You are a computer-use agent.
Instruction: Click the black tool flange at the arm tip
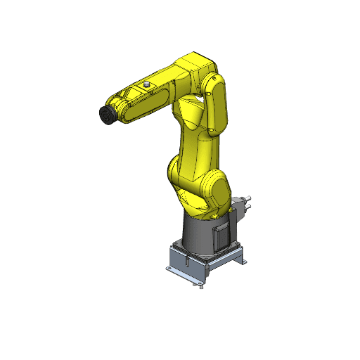tap(106, 115)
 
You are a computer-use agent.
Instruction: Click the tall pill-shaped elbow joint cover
tap(218, 105)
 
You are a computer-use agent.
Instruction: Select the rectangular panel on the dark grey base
tap(220, 235)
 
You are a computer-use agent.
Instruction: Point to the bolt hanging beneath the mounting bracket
tap(200, 285)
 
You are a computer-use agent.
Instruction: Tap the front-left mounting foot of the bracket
tap(171, 269)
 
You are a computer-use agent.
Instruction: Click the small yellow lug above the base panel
tap(214, 217)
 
